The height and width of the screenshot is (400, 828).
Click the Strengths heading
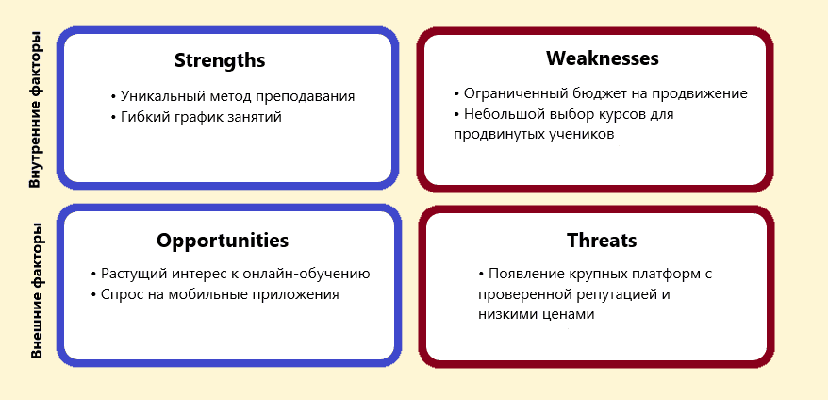click(x=220, y=60)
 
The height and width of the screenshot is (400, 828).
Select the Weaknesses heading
click(x=603, y=58)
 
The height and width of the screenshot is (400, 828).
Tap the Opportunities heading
click(x=223, y=242)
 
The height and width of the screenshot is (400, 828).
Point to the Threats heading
click(x=602, y=241)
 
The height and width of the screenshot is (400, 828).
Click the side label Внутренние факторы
click(x=35, y=110)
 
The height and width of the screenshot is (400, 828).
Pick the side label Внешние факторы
click(x=36, y=292)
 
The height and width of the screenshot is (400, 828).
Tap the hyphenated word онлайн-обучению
click(x=298, y=275)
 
